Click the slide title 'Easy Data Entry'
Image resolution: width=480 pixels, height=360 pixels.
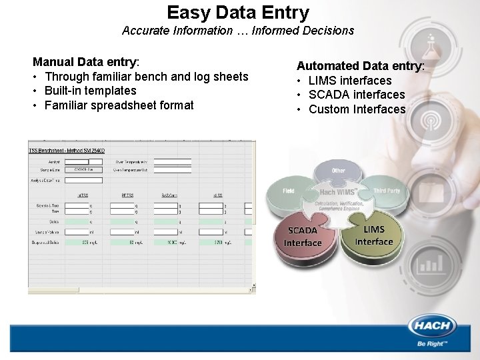tap(238, 13)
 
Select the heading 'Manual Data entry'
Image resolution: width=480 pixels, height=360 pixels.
tap(85, 62)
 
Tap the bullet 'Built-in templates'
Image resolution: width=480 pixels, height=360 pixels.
tap(90, 91)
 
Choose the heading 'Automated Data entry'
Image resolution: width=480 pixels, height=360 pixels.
tap(359, 66)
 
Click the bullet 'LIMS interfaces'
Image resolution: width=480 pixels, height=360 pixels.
tap(350, 81)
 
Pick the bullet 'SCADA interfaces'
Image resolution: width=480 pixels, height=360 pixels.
tap(357, 95)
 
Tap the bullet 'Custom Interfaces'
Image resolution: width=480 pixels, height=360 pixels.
tap(357, 109)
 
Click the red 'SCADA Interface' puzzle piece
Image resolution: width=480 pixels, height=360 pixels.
tap(303, 237)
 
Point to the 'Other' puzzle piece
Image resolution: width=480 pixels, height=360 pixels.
tap(339, 172)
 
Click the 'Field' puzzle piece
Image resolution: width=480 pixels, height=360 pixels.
tap(289, 191)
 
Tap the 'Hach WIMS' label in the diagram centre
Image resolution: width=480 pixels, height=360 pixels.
tap(338, 193)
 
